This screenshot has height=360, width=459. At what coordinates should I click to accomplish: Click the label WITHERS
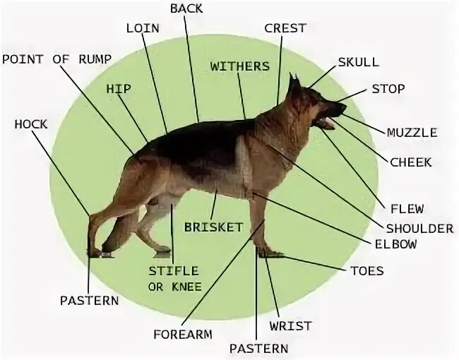click(240, 66)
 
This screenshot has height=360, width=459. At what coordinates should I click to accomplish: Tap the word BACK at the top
click(186, 8)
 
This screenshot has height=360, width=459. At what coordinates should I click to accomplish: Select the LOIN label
click(143, 28)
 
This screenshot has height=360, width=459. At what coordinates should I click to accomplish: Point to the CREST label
click(285, 28)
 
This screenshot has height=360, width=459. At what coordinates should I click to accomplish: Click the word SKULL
click(358, 62)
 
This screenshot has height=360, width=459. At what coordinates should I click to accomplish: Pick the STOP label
click(388, 89)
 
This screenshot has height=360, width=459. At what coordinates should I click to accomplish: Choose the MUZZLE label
click(412, 132)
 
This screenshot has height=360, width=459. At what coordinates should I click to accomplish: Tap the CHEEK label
click(410, 162)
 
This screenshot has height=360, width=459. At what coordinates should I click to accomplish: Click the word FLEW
click(407, 209)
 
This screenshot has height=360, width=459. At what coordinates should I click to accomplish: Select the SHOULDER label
click(419, 229)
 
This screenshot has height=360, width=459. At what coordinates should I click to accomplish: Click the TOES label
click(367, 270)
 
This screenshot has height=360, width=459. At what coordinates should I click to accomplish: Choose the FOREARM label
click(182, 334)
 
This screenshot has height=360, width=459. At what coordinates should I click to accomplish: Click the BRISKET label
click(213, 227)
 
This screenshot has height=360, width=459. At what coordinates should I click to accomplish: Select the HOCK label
click(31, 124)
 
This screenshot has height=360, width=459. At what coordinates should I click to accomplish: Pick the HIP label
click(119, 89)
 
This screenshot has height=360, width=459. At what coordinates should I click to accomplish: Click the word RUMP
click(92, 59)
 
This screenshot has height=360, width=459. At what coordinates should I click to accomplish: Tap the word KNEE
click(184, 286)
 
